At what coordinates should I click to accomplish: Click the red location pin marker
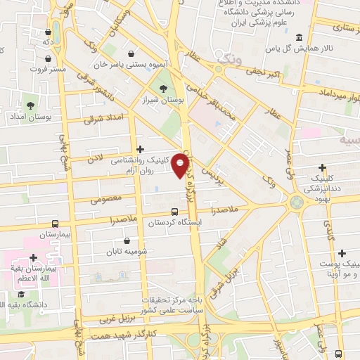(x=181, y=165)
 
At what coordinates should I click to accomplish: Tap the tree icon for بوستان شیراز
(x=163, y=89)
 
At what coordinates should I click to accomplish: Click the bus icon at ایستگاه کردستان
(x=174, y=212)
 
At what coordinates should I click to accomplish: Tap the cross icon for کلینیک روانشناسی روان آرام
(x=141, y=149)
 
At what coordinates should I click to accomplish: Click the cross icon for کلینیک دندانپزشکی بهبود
(x=323, y=168)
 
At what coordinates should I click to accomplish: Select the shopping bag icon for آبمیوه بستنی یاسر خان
(x=131, y=53)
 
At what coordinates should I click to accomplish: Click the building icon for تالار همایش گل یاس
(x=299, y=37)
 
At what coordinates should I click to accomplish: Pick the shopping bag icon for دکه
(x=48, y=32)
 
